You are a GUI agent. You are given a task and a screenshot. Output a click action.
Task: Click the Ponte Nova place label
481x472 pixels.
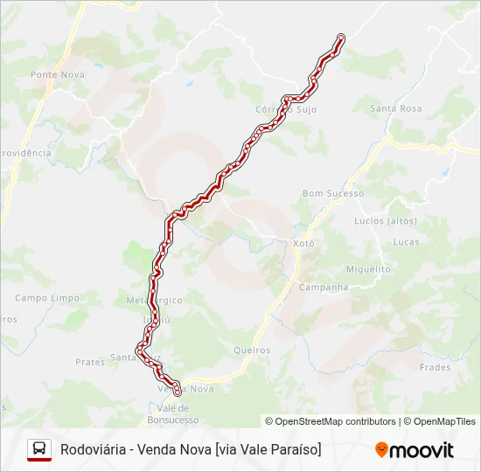click(58, 74)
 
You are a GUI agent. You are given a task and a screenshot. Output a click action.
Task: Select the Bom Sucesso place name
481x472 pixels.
click(332, 193)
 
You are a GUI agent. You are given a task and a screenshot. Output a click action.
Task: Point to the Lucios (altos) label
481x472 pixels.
click(385, 221)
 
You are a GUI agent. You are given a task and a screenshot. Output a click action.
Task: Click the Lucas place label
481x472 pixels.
click(406, 241)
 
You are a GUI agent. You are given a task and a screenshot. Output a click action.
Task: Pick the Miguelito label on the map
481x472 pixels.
click(368, 269)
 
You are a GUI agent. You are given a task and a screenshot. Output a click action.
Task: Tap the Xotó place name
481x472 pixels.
click(303, 244)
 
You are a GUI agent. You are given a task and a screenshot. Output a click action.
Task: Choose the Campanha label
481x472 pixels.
click(324, 287)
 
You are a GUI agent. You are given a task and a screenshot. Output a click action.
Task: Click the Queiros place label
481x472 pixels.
click(252, 350)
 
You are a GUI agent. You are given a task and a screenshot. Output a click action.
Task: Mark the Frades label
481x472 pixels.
click(435, 367)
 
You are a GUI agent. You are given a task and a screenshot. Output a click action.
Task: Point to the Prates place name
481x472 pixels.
click(90, 361)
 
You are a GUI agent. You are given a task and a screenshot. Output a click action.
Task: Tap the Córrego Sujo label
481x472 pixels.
click(285, 109)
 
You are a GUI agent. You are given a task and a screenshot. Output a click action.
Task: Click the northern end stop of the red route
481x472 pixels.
click(340, 38)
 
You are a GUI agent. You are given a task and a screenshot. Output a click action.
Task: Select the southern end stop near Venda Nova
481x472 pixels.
click(177, 392)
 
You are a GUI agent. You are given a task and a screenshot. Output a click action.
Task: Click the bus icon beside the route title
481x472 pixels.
click(39, 449)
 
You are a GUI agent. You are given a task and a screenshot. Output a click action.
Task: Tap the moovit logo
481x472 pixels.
click(415, 450)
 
